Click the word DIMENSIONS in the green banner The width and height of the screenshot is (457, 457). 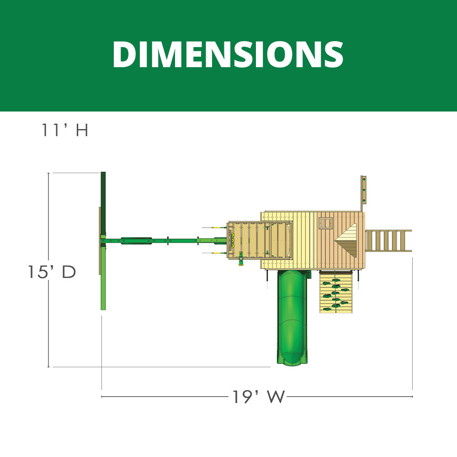click(x=228, y=54)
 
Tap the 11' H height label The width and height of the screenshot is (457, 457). click(x=64, y=130)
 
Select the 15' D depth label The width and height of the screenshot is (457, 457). click(x=52, y=272)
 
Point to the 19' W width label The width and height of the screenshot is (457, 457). click(x=258, y=396)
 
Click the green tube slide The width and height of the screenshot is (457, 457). click(x=292, y=317)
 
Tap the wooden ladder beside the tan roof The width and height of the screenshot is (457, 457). click(x=388, y=240)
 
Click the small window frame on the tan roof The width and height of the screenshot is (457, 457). click(x=325, y=223)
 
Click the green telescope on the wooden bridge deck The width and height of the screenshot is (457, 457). click(x=241, y=258)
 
